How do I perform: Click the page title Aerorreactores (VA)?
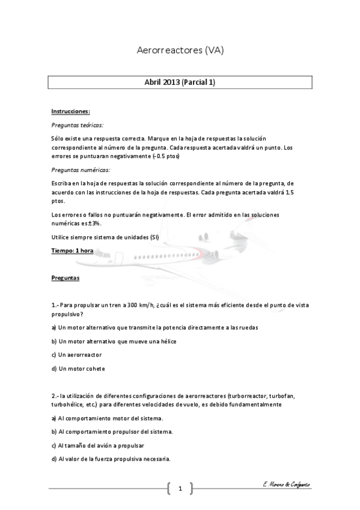(x=180, y=51)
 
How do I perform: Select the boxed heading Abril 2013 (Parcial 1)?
(x=180, y=83)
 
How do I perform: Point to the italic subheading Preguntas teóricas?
(x=77, y=125)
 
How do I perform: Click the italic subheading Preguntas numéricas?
(x=81, y=170)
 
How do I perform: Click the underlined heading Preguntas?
(x=66, y=278)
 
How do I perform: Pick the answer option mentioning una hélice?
(x=114, y=342)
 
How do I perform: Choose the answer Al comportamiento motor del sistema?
(x=107, y=418)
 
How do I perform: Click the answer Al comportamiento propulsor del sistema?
(x=112, y=432)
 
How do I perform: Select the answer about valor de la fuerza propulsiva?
(x=111, y=459)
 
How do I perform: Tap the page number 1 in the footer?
(x=180, y=488)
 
